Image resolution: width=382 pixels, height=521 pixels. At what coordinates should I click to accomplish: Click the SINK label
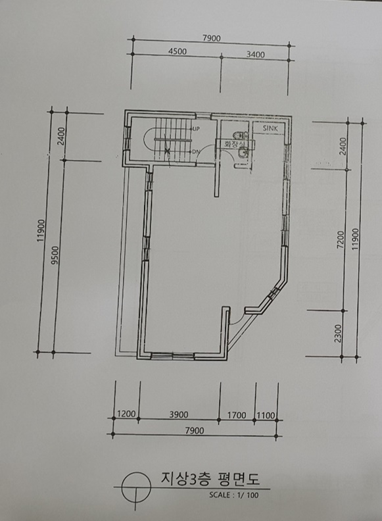[x=270, y=128]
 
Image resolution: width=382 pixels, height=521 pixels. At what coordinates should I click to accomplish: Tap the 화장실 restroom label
[x=235, y=144]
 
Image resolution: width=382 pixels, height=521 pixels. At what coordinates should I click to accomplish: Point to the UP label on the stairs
[x=196, y=128]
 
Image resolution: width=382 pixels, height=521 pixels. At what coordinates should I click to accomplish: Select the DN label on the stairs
[x=196, y=152]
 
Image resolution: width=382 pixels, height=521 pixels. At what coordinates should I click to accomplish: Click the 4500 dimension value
[x=178, y=51]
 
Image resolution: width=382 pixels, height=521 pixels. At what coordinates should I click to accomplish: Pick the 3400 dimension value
[x=256, y=55]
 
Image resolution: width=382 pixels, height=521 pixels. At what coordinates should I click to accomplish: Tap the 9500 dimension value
[x=55, y=255]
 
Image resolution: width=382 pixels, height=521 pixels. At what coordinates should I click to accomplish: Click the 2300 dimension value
[x=338, y=334]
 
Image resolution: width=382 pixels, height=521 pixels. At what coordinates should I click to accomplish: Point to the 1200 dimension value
[x=126, y=414]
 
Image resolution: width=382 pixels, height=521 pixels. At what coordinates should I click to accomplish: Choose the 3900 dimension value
[x=179, y=414]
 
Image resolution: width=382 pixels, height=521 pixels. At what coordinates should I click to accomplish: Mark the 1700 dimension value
[x=237, y=415]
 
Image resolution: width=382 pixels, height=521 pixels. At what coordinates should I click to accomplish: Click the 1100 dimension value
[x=266, y=416]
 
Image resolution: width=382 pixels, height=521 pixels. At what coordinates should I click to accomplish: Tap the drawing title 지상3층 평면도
[x=210, y=478]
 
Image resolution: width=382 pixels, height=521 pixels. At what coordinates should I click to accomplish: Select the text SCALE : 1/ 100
[x=234, y=495]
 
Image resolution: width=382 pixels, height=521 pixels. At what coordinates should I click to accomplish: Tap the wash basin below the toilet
[x=243, y=153]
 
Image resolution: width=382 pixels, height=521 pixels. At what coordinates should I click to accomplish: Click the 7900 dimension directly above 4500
[x=212, y=38]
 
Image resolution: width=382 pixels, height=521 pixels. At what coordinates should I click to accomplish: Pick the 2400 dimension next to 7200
[x=343, y=146]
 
